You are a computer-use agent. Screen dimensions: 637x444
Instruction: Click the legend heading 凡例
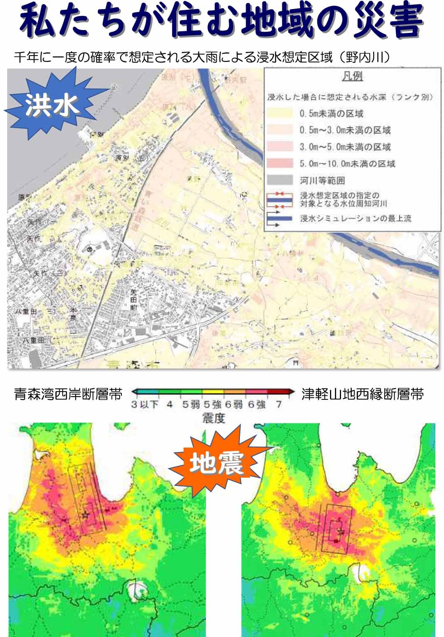click(352, 77)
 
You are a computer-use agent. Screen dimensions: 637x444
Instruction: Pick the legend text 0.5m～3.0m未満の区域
click(345, 130)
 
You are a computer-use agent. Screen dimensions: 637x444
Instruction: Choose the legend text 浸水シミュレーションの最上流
click(356, 219)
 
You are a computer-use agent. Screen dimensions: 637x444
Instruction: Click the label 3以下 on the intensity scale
click(145, 404)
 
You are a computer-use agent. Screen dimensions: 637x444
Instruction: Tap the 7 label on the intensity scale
click(279, 404)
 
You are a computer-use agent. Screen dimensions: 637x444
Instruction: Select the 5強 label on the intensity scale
click(212, 404)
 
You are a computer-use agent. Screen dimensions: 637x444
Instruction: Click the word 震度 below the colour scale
click(214, 418)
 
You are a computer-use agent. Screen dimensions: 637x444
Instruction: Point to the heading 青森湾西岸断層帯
click(68, 394)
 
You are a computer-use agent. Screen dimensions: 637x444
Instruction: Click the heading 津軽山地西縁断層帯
click(363, 394)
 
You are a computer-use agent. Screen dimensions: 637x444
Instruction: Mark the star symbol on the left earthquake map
click(85, 515)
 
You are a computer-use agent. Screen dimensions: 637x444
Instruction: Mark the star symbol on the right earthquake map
click(340, 532)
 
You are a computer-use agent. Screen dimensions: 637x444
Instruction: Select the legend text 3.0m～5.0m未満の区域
click(345, 147)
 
